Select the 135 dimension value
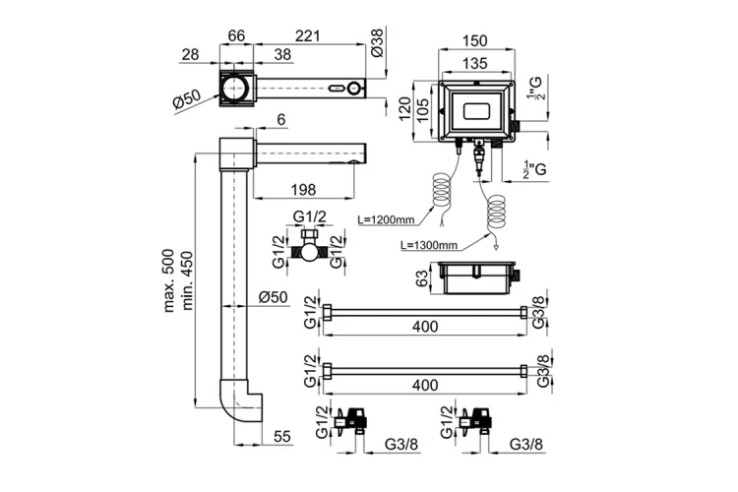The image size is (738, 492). (x=475, y=63)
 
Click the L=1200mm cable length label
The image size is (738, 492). (x=385, y=219)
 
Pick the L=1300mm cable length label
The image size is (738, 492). (x=429, y=244)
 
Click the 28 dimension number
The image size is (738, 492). (x=192, y=53)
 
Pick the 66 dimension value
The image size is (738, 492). (x=236, y=35)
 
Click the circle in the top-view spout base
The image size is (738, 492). (x=236, y=90)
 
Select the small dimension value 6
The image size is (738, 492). (x=281, y=119)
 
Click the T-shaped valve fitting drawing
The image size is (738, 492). (x=312, y=248)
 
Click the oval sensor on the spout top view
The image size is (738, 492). (x=342, y=90)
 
